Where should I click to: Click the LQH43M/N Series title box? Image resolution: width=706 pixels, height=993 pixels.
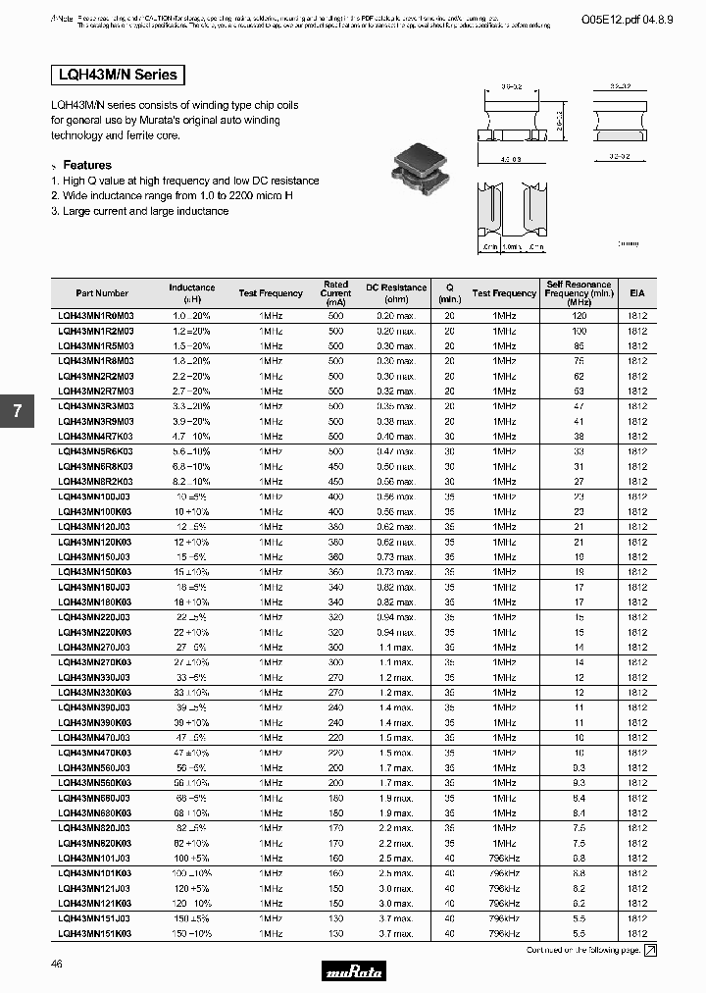(116, 75)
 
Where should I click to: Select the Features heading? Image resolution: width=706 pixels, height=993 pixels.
(86, 165)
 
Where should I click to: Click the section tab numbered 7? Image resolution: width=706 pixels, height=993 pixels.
(17, 412)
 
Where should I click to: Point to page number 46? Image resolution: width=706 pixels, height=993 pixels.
(56, 965)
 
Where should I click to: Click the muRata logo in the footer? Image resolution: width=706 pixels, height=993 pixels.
(354, 971)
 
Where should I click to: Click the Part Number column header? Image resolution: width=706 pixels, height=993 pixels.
(102, 293)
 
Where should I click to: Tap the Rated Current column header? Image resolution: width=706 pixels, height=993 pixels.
(335, 293)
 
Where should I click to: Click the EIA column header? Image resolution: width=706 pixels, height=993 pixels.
(637, 293)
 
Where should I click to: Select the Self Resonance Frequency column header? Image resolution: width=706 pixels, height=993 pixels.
(579, 293)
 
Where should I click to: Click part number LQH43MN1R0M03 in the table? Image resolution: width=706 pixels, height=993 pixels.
(96, 317)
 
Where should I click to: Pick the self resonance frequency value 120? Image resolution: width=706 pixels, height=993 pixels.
(579, 317)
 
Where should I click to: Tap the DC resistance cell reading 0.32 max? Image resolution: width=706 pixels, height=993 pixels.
(396, 391)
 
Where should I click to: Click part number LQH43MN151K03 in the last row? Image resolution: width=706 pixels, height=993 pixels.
(96, 933)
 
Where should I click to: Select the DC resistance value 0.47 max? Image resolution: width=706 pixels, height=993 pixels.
(396, 451)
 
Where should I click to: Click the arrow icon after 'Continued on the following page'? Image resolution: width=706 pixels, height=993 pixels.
(650, 950)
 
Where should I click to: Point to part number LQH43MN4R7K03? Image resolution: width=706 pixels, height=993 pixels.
(96, 436)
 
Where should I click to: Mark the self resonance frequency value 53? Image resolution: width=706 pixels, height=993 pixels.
(579, 391)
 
